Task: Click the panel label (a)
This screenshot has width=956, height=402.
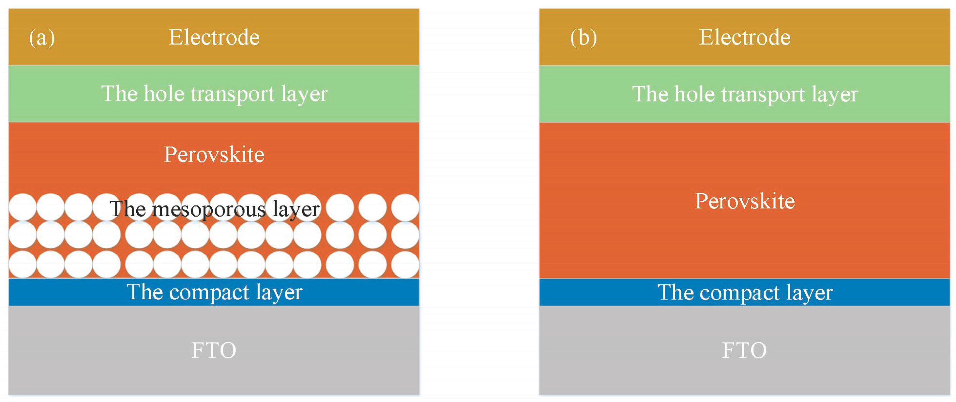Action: pyautogui.click(x=42, y=38)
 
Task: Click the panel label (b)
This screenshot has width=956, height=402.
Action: pyautogui.click(x=583, y=38)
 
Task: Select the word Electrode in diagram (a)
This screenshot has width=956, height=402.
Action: pyautogui.click(x=214, y=38)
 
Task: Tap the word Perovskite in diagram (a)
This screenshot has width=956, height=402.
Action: pyautogui.click(x=214, y=155)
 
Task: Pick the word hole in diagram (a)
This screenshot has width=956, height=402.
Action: pyautogui.click(x=164, y=94)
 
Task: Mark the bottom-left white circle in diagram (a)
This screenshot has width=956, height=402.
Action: pyautogui.click(x=22, y=265)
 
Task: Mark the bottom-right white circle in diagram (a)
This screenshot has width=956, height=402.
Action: pyautogui.click(x=405, y=265)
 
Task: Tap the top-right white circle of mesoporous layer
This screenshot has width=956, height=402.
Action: pyautogui.click(x=405, y=207)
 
